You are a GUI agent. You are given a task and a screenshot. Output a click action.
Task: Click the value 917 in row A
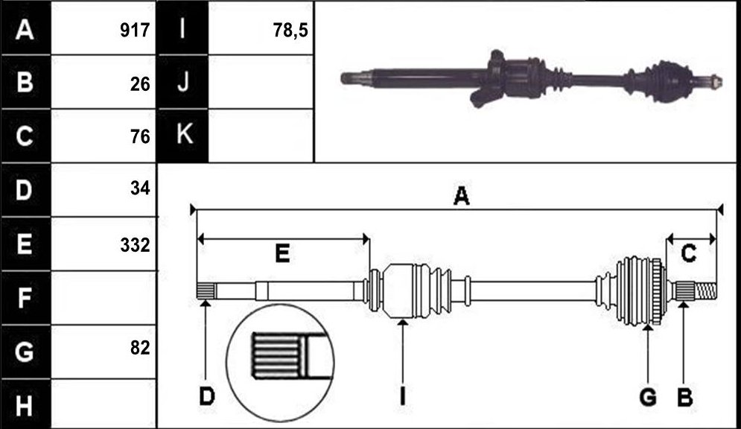tap(135, 31)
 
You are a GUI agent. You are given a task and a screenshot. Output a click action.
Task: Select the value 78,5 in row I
tap(290, 31)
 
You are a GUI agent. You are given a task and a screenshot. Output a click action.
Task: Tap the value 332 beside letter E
tap(135, 245)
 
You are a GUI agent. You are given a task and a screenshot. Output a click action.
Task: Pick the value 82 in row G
tap(140, 348)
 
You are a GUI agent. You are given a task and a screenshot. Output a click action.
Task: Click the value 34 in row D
tap(140, 188)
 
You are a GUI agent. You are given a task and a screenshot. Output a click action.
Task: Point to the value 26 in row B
tap(140, 84)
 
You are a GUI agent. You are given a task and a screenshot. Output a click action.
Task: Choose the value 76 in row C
tap(140, 136)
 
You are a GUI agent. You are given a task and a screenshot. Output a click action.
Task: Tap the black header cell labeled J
tap(183, 82)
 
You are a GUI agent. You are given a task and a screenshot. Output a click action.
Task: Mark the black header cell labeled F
tap(25, 298)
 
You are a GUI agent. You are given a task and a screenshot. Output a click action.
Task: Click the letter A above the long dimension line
tap(461, 196)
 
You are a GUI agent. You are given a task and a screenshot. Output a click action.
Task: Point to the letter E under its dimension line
tap(282, 254)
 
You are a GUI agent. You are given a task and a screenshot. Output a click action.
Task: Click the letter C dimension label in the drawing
tap(689, 254)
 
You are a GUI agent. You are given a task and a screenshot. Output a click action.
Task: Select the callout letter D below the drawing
tap(206, 396)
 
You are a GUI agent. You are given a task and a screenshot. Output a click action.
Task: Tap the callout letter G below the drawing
tap(648, 397)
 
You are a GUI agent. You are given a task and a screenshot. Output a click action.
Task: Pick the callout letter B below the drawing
tap(684, 397)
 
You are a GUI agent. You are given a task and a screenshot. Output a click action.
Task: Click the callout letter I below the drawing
tap(402, 396)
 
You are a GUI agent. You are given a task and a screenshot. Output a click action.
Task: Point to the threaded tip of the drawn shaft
tap(705, 289)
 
